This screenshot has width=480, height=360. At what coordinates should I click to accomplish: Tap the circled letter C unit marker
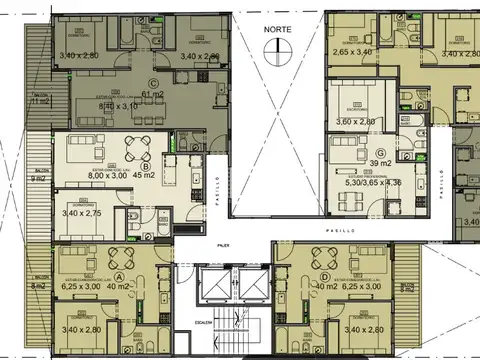tap(153, 83)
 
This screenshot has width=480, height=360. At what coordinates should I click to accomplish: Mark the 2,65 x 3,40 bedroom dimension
tap(352, 52)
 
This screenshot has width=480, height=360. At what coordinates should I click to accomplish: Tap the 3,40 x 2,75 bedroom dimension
tap(82, 213)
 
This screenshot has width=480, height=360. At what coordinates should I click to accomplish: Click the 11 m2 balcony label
tap(42, 101)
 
